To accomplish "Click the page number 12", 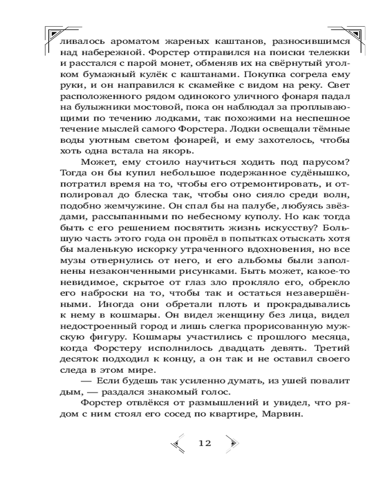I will click(205, 443).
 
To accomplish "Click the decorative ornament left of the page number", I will click(177, 443).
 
